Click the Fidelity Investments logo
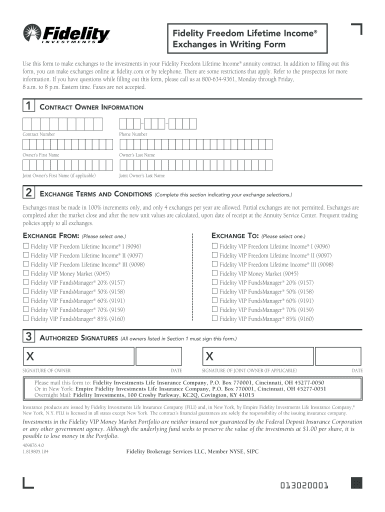(x=66, y=34)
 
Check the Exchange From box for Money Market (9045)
(x=26, y=273)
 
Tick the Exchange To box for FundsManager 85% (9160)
(x=214, y=318)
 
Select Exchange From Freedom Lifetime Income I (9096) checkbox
(x=26, y=246)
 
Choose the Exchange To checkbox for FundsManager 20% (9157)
(x=214, y=282)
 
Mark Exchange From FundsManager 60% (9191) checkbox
(x=26, y=300)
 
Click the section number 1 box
(x=29, y=106)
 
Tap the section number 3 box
(x=29, y=337)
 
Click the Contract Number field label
(x=38, y=134)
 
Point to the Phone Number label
(x=133, y=134)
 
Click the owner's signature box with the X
(x=78, y=356)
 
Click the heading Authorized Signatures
(x=78, y=338)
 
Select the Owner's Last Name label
(x=136, y=155)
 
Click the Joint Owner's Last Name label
(x=141, y=175)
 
